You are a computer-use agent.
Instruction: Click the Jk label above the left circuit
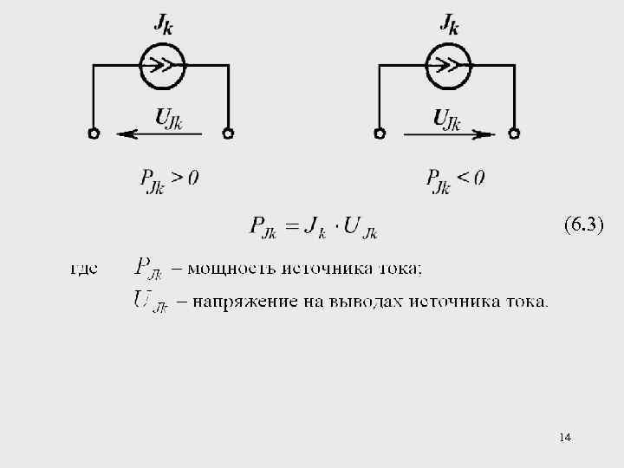[164, 25]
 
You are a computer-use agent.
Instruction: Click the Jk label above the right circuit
[449, 25]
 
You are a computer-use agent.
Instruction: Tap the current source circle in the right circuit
[448, 65]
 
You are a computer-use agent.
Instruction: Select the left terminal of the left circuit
[94, 133]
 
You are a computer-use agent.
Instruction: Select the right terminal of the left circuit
[229, 133]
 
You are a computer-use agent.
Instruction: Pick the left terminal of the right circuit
[380, 133]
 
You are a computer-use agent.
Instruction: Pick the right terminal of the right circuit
[515, 133]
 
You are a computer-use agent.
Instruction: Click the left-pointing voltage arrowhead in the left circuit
[126, 133]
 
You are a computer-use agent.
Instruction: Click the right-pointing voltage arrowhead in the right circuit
[485, 133]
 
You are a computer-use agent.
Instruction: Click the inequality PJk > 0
[169, 179]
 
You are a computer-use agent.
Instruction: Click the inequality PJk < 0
[455, 179]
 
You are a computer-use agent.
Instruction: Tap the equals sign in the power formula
[292, 227]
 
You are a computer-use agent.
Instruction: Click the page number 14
[565, 437]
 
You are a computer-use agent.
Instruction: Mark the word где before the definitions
[84, 268]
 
